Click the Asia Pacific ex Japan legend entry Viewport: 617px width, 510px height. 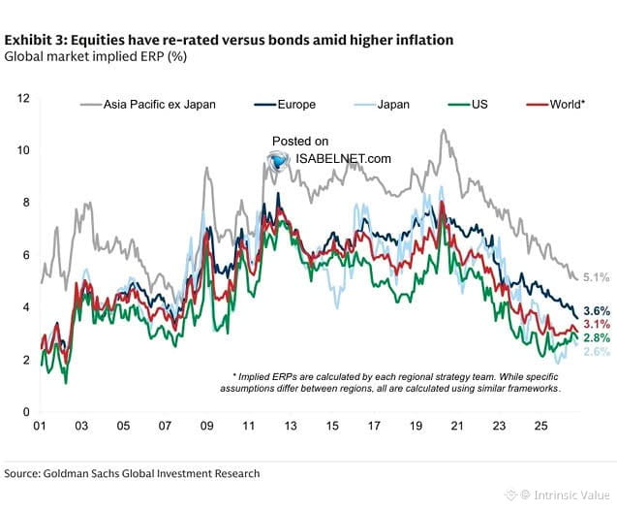pyautogui.click(x=148, y=105)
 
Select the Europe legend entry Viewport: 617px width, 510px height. pyautogui.click(x=285, y=105)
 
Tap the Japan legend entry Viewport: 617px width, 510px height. pyautogui.click(x=382, y=105)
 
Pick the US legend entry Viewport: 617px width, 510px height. pyautogui.click(x=468, y=105)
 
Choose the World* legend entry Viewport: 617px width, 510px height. pyautogui.click(x=556, y=105)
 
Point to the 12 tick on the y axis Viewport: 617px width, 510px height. pyautogui.click(x=23, y=98)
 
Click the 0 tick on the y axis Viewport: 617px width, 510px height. pyautogui.click(x=26, y=412)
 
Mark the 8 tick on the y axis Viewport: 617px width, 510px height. pyautogui.click(x=26, y=203)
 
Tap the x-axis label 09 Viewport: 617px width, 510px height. pyautogui.click(x=206, y=426)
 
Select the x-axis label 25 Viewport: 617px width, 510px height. pyautogui.click(x=541, y=426)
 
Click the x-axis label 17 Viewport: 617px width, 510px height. pyautogui.click(x=374, y=426)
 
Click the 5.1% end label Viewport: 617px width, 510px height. pyautogui.click(x=596, y=277)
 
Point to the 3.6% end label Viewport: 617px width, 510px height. pyautogui.click(x=597, y=311)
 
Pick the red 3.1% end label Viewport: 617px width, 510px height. pyautogui.click(x=597, y=324)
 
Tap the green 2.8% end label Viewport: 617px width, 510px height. pyautogui.click(x=597, y=337)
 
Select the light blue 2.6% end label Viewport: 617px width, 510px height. pyautogui.click(x=597, y=351)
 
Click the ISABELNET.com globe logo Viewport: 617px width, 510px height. pyautogui.click(x=279, y=160)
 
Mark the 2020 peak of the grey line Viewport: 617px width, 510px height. pyautogui.click(x=444, y=129)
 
